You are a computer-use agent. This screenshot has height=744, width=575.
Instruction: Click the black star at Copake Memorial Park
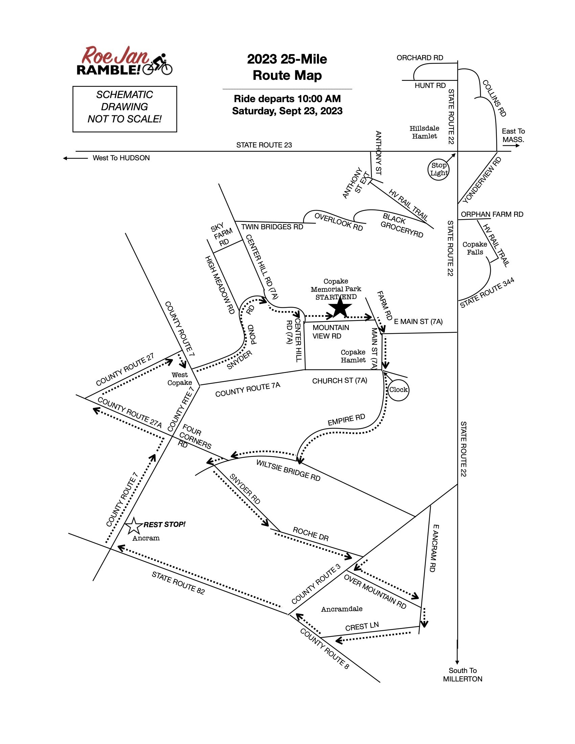click(340, 308)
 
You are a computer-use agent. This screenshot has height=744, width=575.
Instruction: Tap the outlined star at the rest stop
click(134, 526)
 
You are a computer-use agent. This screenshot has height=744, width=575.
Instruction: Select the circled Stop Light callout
click(438, 169)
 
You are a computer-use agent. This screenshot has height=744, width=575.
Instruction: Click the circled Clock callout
click(398, 390)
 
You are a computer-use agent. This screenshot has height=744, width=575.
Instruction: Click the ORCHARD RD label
click(420, 58)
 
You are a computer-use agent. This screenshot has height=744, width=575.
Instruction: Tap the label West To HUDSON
click(121, 158)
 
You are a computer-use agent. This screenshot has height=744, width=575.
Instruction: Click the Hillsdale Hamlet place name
click(424, 132)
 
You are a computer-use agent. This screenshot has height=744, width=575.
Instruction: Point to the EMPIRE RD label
click(346, 420)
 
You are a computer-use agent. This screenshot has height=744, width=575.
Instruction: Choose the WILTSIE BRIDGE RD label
click(288, 470)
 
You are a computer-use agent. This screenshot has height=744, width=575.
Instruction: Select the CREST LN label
click(362, 626)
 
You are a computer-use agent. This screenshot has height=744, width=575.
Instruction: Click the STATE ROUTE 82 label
click(178, 583)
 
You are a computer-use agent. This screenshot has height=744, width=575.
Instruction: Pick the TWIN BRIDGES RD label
click(272, 227)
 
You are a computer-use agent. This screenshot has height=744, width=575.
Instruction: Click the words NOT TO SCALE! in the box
click(124, 119)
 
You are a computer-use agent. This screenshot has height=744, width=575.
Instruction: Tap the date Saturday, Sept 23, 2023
click(287, 111)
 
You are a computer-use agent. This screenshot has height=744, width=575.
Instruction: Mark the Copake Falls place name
click(475, 248)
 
